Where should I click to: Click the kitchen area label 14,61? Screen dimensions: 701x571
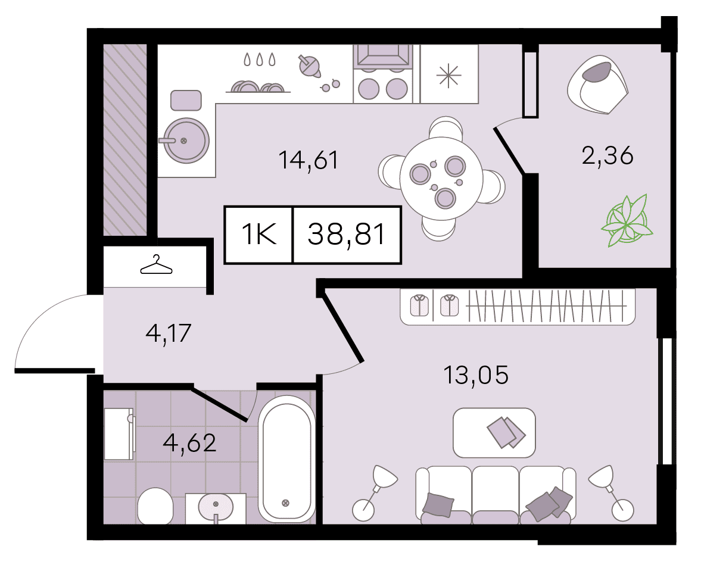coord(308,160)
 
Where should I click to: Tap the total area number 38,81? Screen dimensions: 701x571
coord(347,234)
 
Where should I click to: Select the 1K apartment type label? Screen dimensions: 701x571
coord(259,234)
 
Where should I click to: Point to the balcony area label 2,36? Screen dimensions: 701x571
coord(607,156)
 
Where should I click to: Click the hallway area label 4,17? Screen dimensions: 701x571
coord(169,333)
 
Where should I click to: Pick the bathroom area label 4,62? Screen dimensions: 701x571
coord(190,442)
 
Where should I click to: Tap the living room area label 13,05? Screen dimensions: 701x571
coord(476,375)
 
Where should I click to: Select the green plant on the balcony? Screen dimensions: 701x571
coord(627,221)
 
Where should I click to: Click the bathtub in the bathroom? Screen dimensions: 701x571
coord(286,457)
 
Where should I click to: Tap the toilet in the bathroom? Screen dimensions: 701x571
coord(155,506)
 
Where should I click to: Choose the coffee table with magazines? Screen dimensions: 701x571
coord(494,432)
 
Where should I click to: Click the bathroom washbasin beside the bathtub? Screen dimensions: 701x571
coord(216,508)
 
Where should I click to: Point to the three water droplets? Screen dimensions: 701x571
coord(259,60)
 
